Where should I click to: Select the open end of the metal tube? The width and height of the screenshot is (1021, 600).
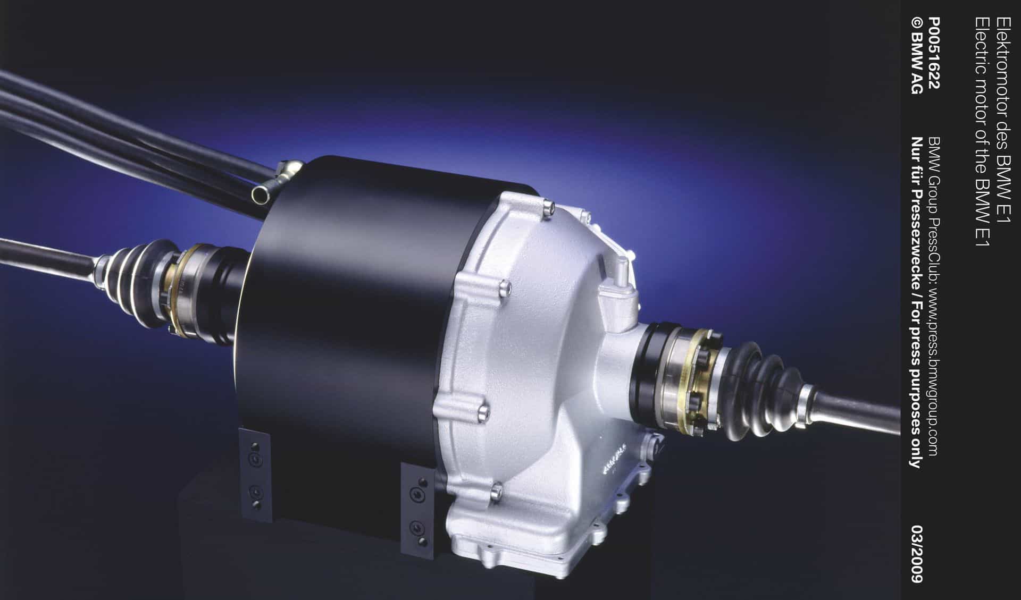point(259,193)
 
